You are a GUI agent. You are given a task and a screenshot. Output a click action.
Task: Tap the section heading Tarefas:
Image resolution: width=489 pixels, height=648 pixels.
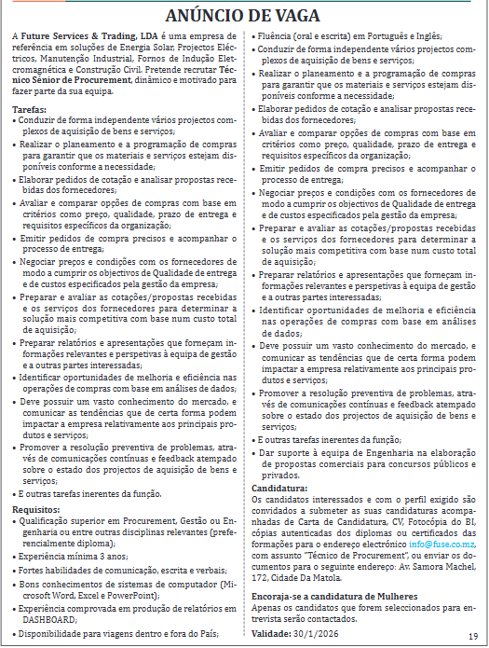tap(31, 110)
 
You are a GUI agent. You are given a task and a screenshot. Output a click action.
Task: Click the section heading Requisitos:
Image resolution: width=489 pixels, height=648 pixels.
tap(36, 509)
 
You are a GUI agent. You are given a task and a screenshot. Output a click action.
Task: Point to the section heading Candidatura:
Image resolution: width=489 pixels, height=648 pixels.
tap(279, 488)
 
